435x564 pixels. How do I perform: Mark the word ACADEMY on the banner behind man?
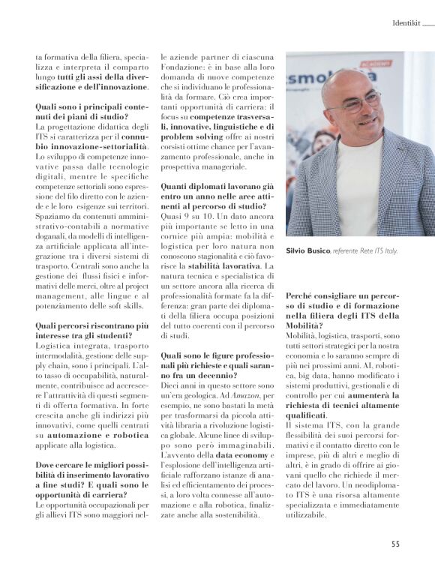388,63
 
